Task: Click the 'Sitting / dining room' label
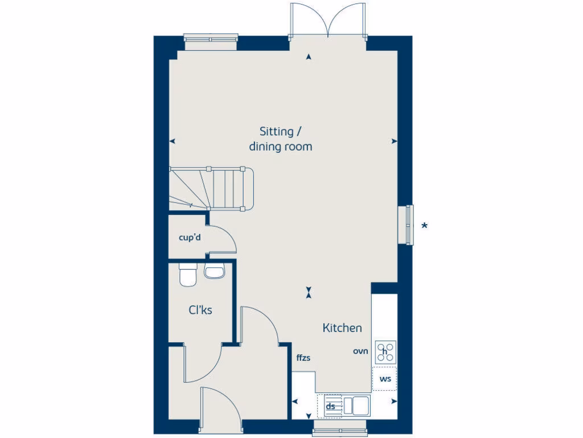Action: coord(281,139)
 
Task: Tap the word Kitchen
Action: coord(342,328)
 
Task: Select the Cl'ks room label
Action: coord(200,311)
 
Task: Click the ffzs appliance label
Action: coord(303,358)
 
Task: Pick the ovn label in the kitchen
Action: coord(360,351)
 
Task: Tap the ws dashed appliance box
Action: coord(385,379)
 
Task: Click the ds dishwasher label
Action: coord(330,407)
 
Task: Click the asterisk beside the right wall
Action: coord(424,226)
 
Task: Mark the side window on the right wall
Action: coord(409,224)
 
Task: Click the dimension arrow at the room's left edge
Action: coord(173,141)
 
